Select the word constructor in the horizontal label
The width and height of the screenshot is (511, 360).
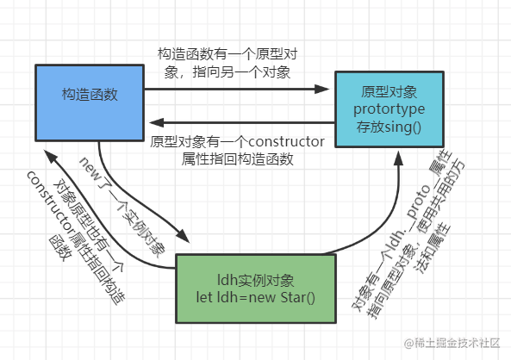click(285, 141)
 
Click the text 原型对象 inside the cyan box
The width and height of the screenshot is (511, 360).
click(389, 91)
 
